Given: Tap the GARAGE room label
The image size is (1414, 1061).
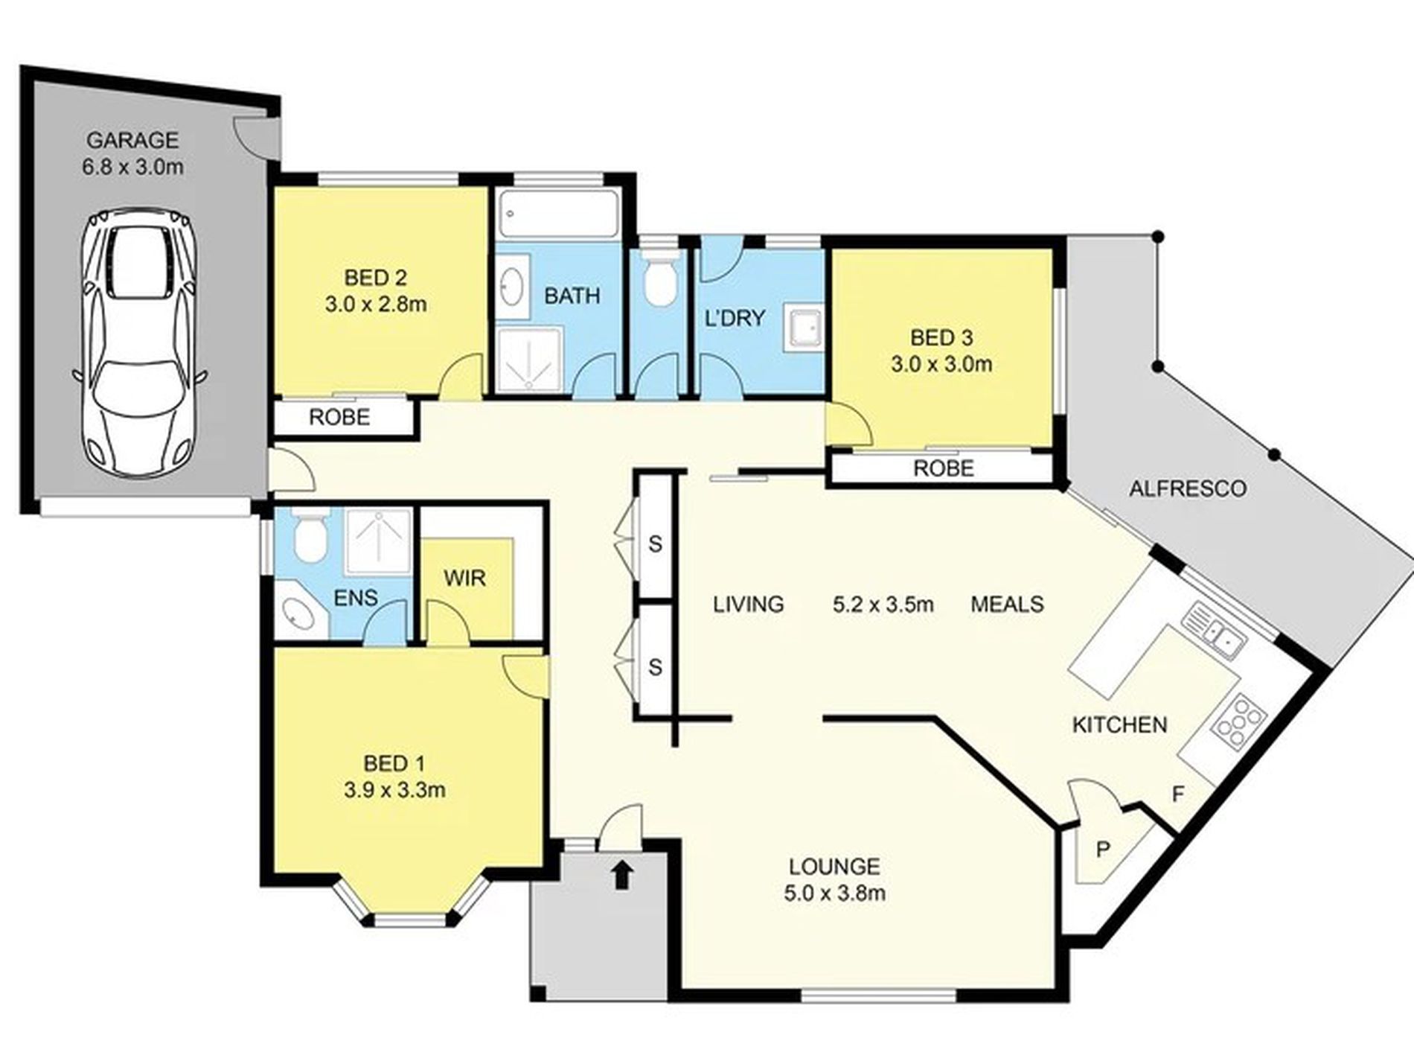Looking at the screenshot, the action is pyautogui.click(x=132, y=140).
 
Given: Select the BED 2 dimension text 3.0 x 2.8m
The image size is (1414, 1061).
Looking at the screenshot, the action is pyautogui.click(x=375, y=304).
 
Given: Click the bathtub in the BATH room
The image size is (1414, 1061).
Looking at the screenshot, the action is pyautogui.click(x=558, y=215).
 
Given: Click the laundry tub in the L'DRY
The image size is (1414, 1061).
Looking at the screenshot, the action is pyautogui.click(x=804, y=331).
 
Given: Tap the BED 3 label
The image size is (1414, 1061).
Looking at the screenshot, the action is pyautogui.click(x=941, y=337).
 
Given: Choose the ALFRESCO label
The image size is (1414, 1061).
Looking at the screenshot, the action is pyautogui.click(x=1187, y=488).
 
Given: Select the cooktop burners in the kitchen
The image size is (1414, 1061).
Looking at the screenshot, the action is pyautogui.click(x=1239, y=719).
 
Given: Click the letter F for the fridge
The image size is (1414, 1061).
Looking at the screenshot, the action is pyautogui.click(x=1177, y=794).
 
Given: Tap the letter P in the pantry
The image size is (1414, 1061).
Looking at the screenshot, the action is pyautogui.click(x=1104, y=850).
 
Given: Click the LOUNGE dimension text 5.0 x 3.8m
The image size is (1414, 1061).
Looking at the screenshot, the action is pyautogui.click(x=834, y=893).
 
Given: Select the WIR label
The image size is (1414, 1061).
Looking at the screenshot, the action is pyautogui.click(x=464, y=578).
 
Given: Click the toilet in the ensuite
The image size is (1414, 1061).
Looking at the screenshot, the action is pyautogui.click(x=309, y=535).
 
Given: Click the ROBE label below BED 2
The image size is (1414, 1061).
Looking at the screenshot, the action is pyautogui.click(x=339, y=417).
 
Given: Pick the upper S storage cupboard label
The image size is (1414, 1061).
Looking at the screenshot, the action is pyautogui.click(x=655, y=544).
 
